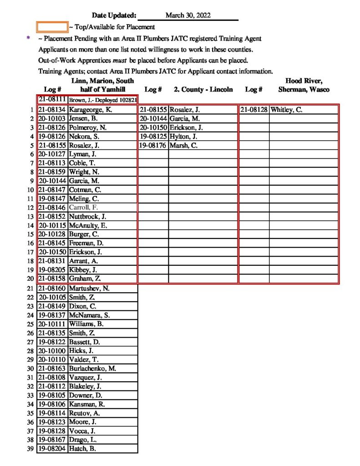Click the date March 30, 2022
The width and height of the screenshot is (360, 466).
pyautogui.click(x=188, y=15)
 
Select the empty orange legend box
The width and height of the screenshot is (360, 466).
pyautogui.click(x=52, y=27)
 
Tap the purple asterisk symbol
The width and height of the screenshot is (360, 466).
pyautogui.click(x=29, y=39)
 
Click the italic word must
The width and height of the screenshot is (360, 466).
pyautogui.click(x=119, y=60)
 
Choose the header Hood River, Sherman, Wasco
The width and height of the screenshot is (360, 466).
pyautogui.click(x=304, y=85)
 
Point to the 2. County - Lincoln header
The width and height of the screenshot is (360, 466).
pyautogui.click(x=203, y=90)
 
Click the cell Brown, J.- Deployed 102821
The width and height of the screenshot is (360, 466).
pyautogui.click(x=103, y=100)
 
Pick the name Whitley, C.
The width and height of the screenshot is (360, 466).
pyautogui.click(x=286, y=110)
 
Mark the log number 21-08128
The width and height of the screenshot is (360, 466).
pyautogui.click(x=254, y=110)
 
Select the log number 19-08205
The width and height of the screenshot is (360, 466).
pyautogui.click(x=52, y=270)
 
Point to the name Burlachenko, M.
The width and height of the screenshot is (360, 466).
pyautogui.click(x=93, y=368)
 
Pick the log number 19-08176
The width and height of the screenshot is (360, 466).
pyautogui.click(x=153, y=146)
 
